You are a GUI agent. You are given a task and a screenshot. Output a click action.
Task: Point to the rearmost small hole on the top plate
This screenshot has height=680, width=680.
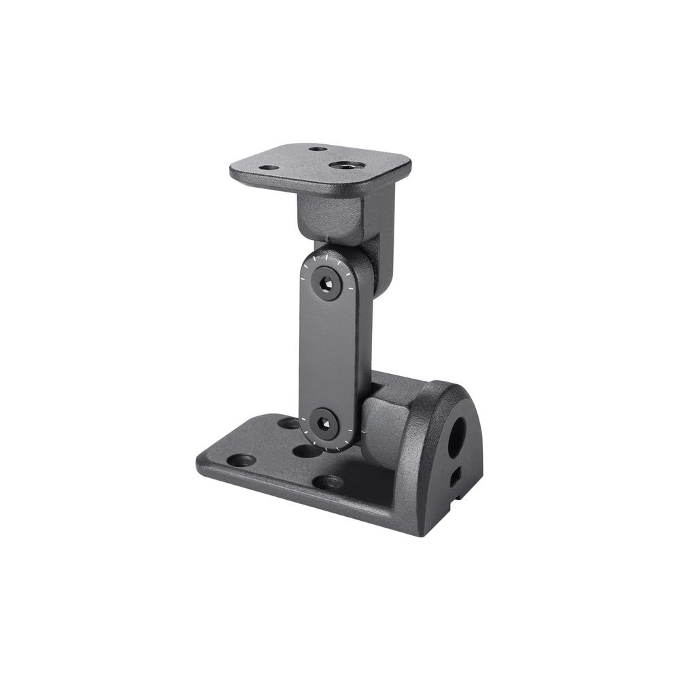point(317,149)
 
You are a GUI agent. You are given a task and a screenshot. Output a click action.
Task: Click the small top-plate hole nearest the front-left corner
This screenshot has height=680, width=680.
point(269,167)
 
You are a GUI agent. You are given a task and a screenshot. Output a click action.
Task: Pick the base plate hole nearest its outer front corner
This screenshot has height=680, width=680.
point(241,460)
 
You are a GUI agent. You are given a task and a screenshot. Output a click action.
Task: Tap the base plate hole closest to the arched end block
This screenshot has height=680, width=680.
point(328,481)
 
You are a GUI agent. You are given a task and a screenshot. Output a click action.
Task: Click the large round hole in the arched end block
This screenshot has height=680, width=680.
point(457,430)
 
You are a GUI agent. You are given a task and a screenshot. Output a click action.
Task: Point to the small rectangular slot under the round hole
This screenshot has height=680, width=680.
point(454,475)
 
